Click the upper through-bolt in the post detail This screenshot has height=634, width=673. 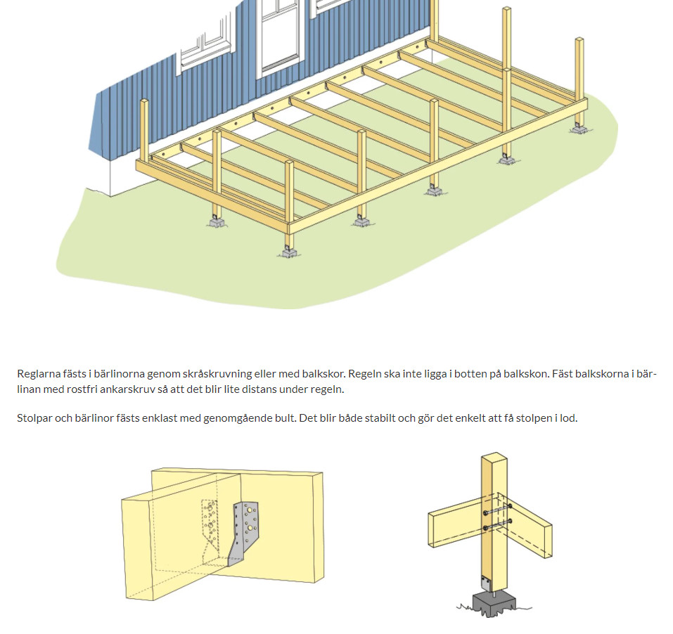click(497, 510)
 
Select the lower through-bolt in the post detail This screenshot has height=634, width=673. click(497, 524)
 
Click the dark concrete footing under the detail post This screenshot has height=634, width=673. click(494, 605)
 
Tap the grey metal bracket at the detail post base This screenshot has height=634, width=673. click(485, 583)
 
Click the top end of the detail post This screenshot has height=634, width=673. click(494, 456)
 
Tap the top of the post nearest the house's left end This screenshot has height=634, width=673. click(144, 102)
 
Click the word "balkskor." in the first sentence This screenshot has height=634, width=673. click(323, 374)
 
